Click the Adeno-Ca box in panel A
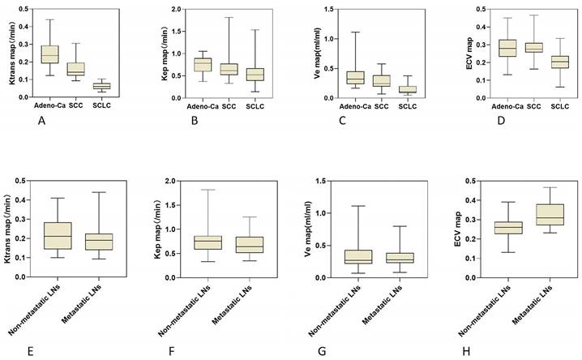pyautogui.click(x=49, y=54)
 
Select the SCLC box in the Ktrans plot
pyautogui.click(x=101, y=86)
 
